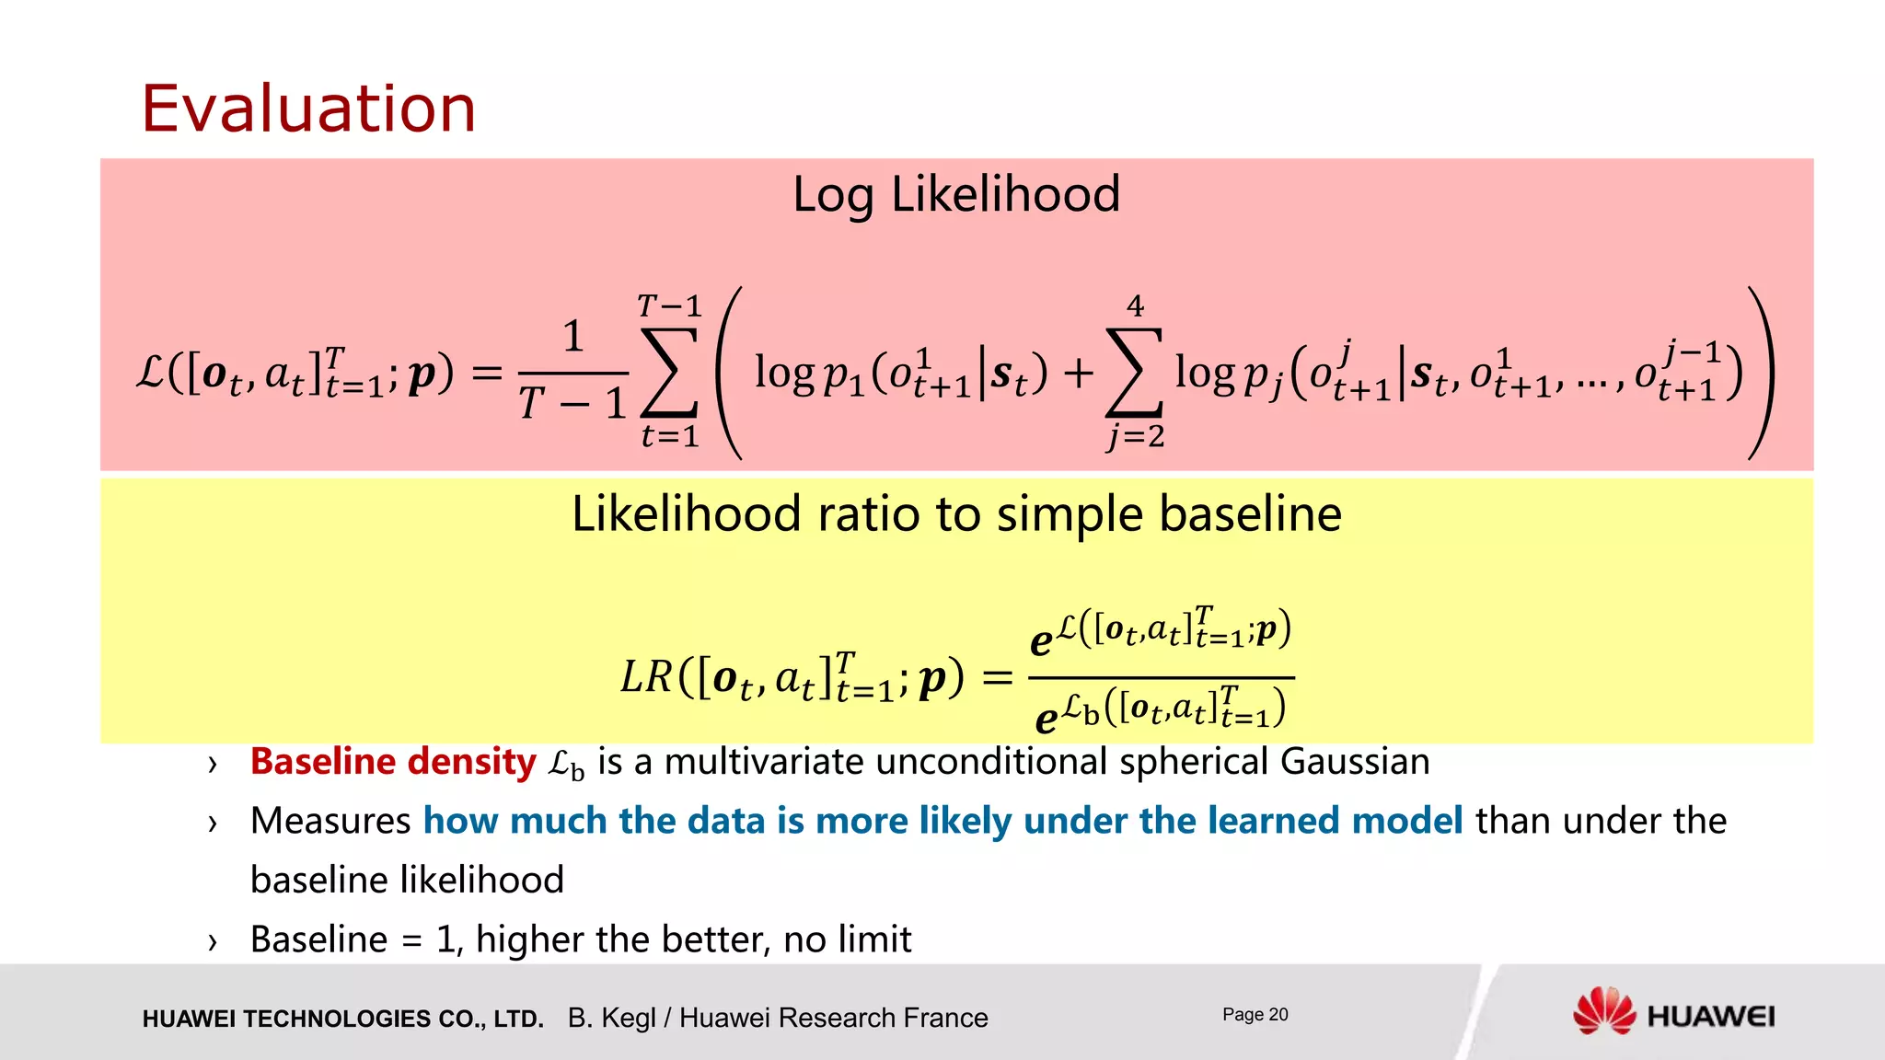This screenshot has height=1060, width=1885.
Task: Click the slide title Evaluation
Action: [308, 109]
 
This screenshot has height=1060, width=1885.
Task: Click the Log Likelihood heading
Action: [956, 194]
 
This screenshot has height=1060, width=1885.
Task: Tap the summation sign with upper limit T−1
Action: [669, 372]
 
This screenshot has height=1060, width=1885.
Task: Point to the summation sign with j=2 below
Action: [1134, 372]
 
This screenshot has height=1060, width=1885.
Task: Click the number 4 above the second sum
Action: [1135, 305]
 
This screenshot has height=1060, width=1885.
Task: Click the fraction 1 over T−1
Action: [572, 372]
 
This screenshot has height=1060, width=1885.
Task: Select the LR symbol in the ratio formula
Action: [646, 678]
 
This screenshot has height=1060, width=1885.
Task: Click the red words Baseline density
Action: [393, 762]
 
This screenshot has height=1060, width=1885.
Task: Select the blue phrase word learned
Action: [1266, 821]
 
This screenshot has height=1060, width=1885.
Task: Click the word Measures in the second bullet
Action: [330, 821]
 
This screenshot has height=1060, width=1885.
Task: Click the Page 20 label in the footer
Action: [1255, 1014]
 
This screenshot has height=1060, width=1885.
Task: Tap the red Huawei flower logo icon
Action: [1603, 1011]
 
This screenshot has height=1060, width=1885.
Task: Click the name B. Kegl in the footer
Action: [610, 1018]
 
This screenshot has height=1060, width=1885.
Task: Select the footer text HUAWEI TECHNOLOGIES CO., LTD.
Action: [342, 1019]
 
